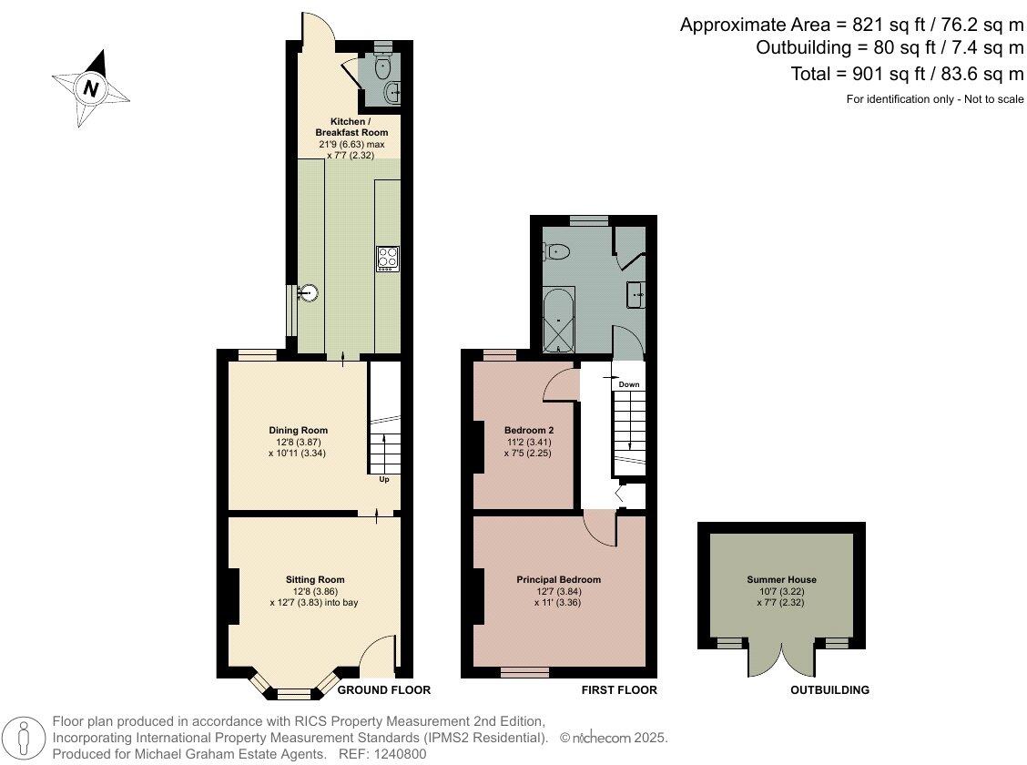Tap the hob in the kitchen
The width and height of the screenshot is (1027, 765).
(387, 259)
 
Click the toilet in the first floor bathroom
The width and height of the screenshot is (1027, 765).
(556, 250)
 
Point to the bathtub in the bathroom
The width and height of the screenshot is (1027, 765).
(559, 321)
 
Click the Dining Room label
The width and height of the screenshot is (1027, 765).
(298, 430)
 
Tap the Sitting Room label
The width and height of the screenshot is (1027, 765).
(315, 579)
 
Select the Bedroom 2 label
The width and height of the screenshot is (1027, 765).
(529, 430)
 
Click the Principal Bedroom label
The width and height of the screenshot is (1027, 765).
(559, 579)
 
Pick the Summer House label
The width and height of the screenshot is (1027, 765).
(782, 579)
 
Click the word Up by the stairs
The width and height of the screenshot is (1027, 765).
(384, 479)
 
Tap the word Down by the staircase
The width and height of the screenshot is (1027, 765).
(629, 384)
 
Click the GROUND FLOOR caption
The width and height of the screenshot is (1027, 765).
(384, 689)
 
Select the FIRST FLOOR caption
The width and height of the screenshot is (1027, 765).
(619, 689)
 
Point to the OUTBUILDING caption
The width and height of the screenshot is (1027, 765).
(829, 689)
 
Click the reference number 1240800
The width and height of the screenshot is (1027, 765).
(400, 754)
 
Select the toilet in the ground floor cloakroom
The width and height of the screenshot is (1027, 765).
(382, 64)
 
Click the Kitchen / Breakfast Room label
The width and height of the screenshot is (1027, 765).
(351, 127)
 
